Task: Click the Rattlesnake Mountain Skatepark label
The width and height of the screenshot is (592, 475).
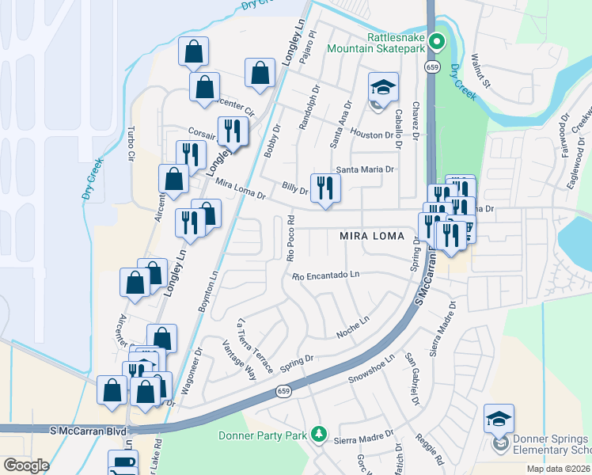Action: coord(396,42)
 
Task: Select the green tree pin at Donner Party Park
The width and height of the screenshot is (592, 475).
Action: coord(318,434)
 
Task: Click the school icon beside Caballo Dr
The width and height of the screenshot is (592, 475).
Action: coord(382,89)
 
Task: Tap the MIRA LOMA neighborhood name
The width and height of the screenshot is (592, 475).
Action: coord(372,236)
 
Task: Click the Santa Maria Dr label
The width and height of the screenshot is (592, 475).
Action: coord(365,169)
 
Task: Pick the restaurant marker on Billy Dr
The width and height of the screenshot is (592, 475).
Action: coord(325,188)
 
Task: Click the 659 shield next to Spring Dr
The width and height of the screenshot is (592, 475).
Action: coord(283,392)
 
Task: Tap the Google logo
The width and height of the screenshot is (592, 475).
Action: coord(25,465)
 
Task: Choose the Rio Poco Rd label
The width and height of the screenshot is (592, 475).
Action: coord(290,237)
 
